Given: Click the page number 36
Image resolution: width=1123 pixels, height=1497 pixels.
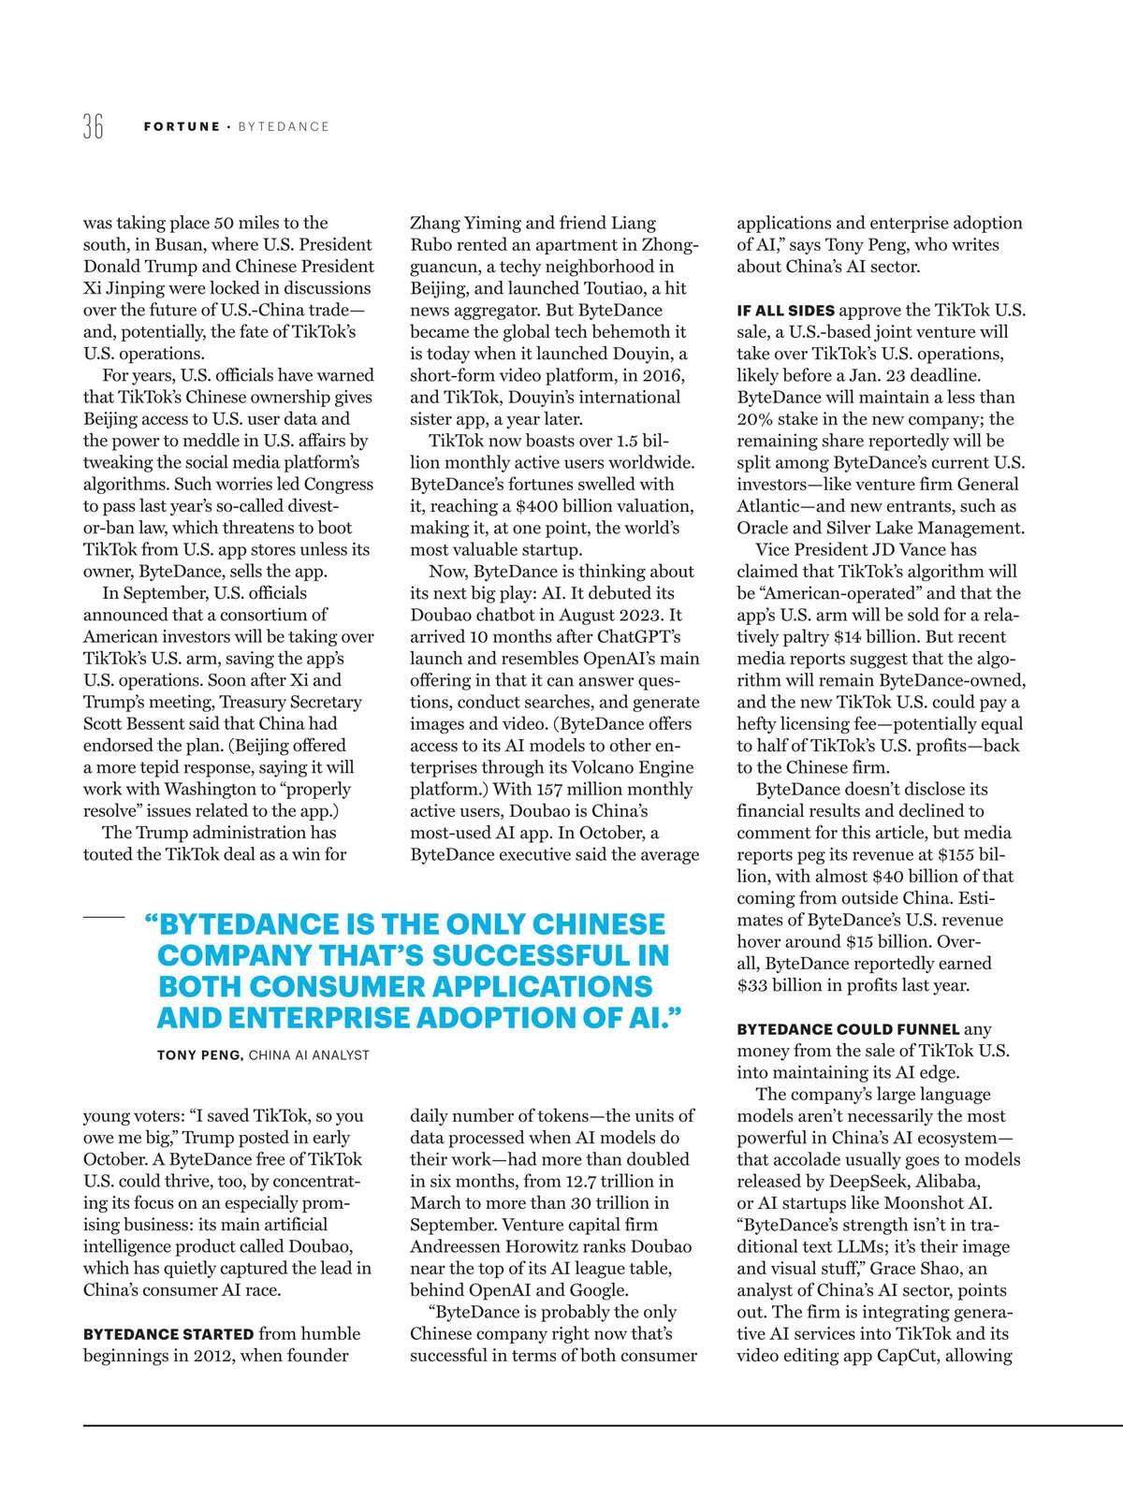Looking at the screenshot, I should [93, 125].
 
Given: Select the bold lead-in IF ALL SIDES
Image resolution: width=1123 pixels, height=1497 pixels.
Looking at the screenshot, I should [785, 311].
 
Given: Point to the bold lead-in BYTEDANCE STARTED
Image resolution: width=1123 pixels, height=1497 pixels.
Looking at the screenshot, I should [168, 1334].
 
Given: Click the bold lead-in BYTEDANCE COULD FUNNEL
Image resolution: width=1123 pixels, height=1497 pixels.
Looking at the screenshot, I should [848, 1029].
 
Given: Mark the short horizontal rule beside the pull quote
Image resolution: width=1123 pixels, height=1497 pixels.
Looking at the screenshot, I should [104, 918].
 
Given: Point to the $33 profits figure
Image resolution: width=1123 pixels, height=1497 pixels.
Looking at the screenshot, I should [753, 985].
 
